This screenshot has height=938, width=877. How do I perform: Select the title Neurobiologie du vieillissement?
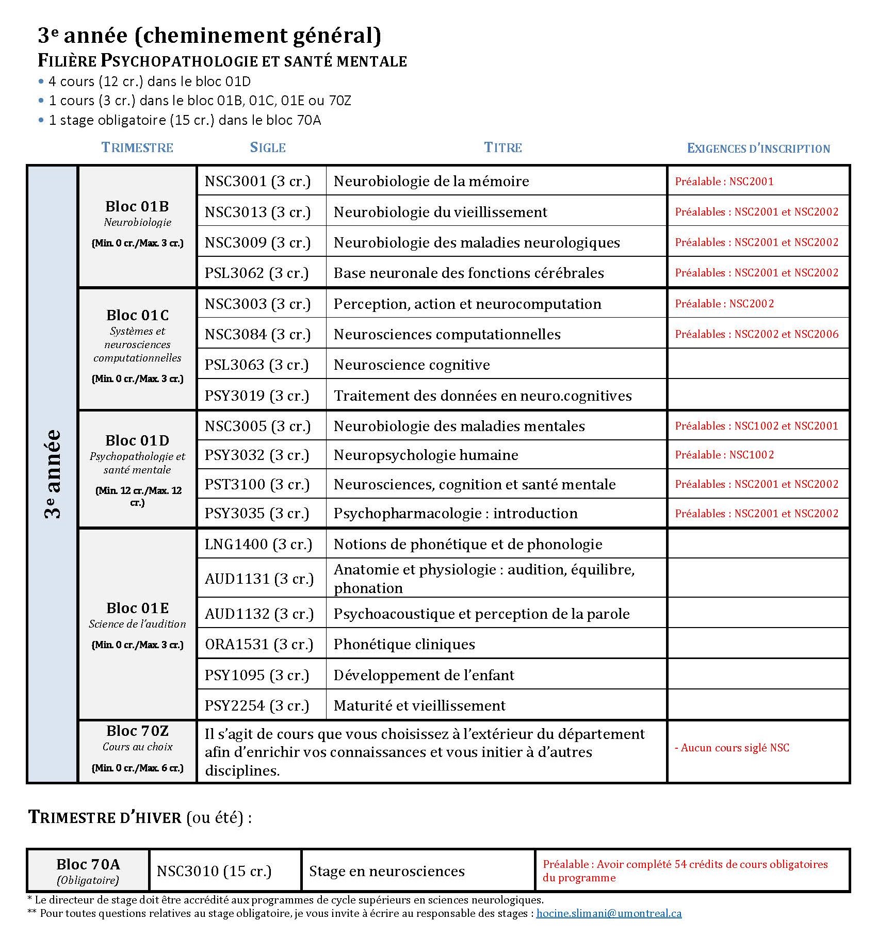440,212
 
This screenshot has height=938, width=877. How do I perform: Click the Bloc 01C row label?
137,315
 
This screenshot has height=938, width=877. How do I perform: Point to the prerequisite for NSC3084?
756,334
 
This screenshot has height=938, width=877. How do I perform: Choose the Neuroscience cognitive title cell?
412,365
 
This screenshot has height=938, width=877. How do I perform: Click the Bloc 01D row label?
137,440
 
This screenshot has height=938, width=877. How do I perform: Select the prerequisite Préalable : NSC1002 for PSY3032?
724,455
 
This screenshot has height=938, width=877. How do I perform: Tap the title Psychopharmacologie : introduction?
456,514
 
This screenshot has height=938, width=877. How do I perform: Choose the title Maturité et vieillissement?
419,705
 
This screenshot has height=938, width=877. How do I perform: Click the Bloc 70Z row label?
137,731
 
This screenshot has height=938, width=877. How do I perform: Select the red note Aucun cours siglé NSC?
732,748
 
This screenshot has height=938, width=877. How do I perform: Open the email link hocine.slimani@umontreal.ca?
609,913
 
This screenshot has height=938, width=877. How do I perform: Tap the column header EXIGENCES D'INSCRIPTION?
758,149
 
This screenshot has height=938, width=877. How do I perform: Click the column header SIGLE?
268,147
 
